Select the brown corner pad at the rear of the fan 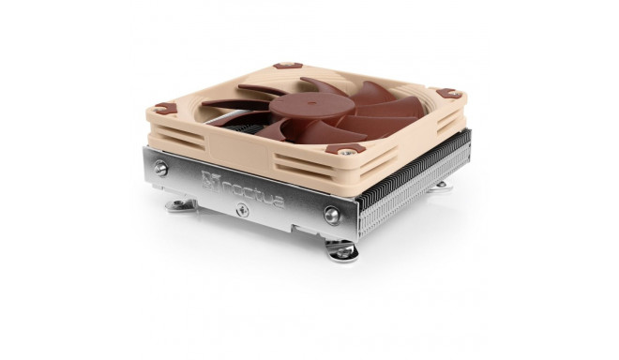(287, 67)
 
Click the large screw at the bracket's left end (161, 169)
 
